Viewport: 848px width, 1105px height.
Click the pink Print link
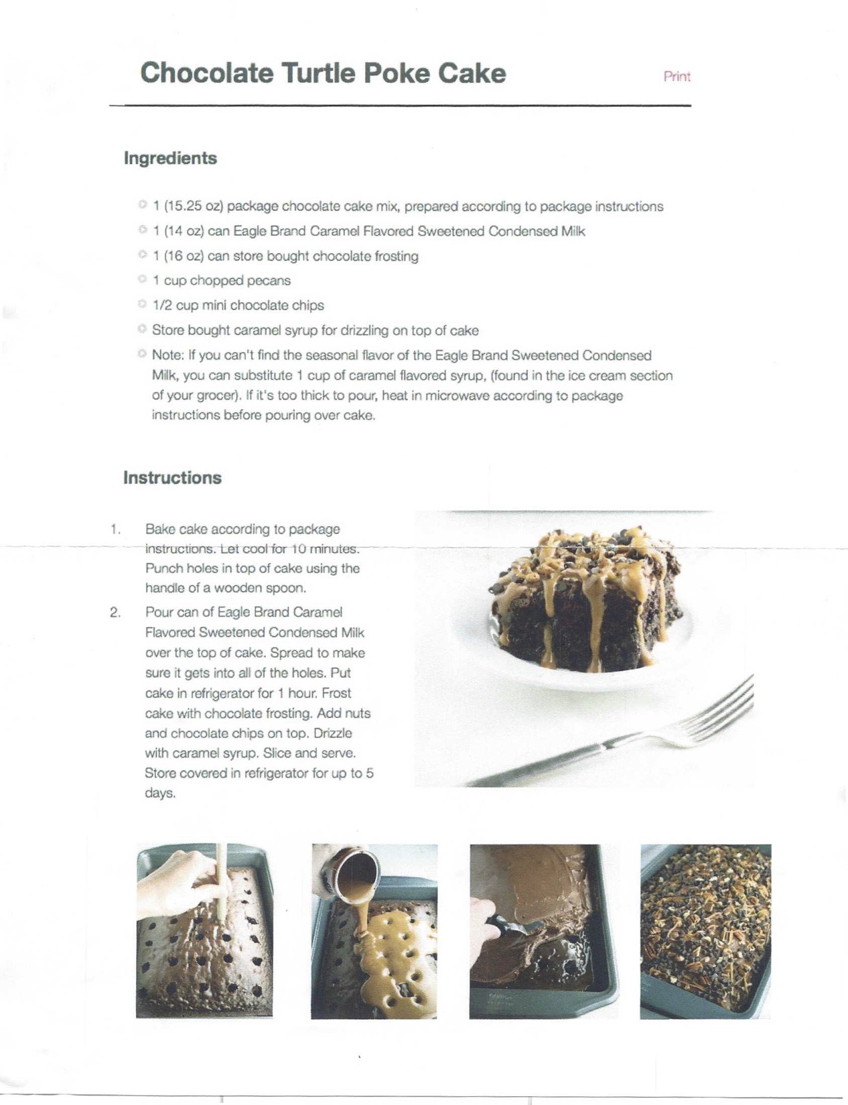(x=677, y=76)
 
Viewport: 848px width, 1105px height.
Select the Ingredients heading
(x=170, y=158)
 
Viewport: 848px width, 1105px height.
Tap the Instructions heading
(x=172, y=477)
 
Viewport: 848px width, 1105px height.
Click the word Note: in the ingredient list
(x=167, y=355)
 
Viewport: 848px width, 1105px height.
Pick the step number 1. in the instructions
(x=115, y=529)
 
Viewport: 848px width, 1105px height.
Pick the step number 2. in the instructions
(x=115, y=612)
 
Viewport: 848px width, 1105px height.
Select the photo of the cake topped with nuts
(x=705, y=932)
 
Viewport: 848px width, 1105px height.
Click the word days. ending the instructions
(x=160, y=793)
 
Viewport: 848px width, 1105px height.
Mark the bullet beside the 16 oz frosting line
(x=143, y=254)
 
